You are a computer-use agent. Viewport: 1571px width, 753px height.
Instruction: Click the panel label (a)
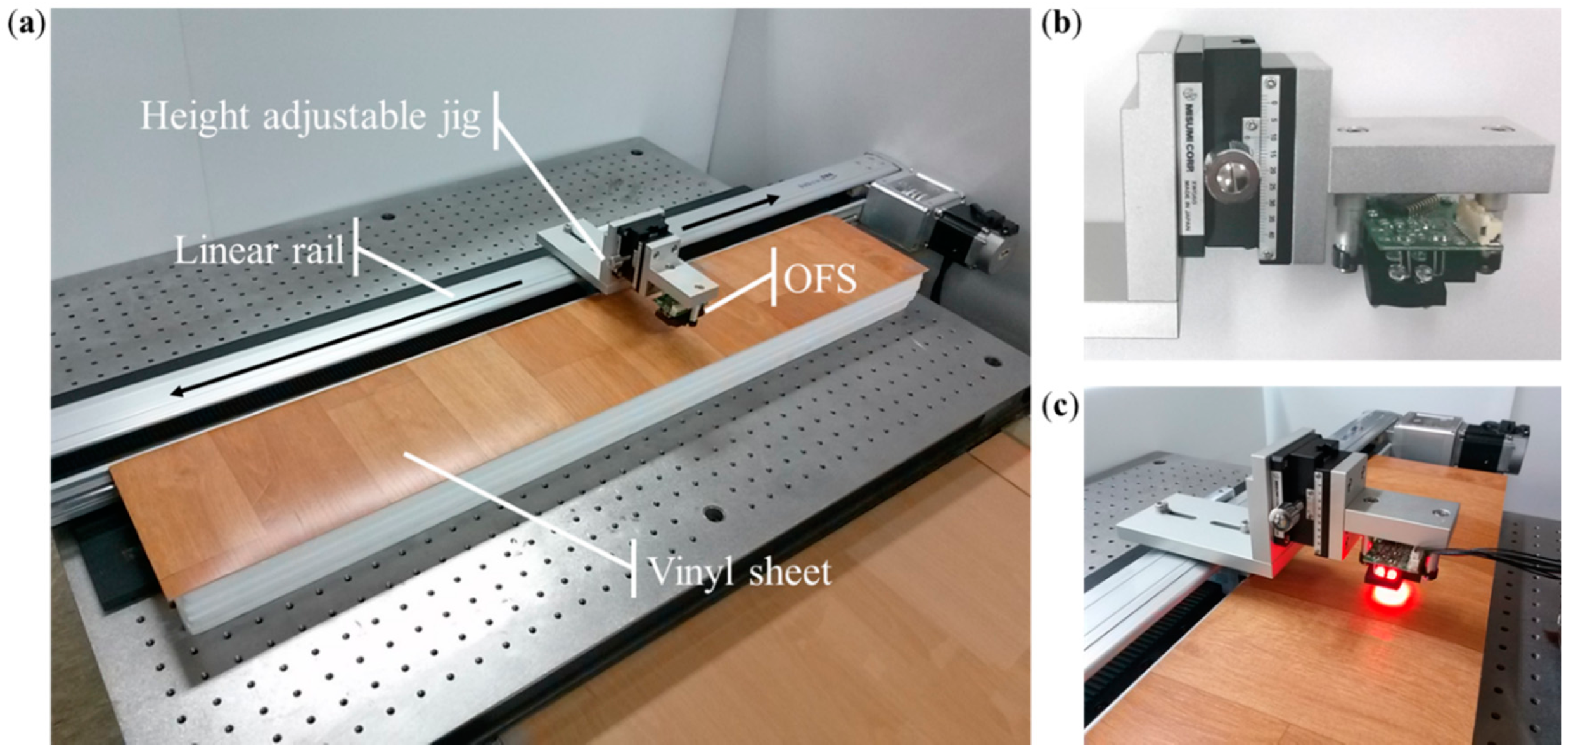pyautogui.click(x=26, y=26)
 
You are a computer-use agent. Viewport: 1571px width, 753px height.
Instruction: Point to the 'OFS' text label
pyautogui.click(x=819, y=279)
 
